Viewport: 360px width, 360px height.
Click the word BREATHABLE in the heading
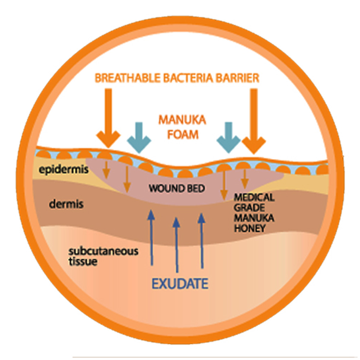click(x=128, y=78)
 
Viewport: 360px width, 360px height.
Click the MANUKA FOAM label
click(x=182, y=127)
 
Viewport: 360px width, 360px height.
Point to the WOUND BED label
click(x=177, y=189)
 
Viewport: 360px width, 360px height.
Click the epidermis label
click(x=64, y=170)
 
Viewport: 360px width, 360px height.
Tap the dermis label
click(x=66, y=205)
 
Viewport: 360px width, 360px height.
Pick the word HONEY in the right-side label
click(x=250, y=228)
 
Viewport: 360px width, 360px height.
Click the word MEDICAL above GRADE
click(x=254, y=197)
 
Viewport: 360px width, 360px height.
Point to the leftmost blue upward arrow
click(x=152, y=237)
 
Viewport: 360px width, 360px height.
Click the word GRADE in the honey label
click(x=249, y=208)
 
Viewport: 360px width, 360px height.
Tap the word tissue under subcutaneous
click(x=83, y=262)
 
